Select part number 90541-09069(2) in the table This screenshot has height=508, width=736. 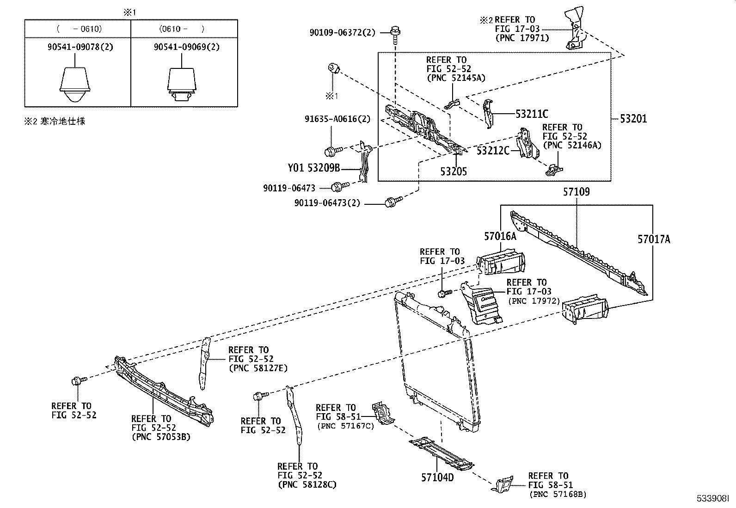point(184,47)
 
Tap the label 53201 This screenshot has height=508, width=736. point(633,119)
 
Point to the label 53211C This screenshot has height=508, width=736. point(532,113)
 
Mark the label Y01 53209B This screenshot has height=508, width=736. point(314,168)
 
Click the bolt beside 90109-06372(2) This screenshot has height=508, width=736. point(394,32)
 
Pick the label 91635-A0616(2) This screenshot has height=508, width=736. point(337,119)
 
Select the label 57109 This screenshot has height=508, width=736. point(576,191)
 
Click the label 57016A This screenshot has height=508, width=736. point(500,236)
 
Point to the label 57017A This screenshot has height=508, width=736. point(653,239)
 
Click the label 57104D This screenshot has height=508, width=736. point(437,477)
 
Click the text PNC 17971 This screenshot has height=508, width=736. point(522,38)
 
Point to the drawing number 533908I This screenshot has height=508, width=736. point(712,499)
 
